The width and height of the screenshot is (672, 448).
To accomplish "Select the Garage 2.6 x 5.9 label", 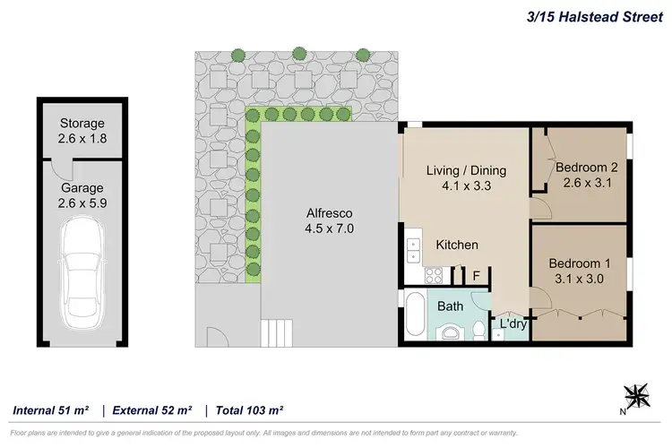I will [x=82, y=195].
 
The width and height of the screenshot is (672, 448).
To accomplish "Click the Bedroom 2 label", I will [x=587, y=175].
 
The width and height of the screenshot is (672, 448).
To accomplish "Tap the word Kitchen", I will [x=457, y=245].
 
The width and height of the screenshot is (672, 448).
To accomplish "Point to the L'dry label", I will [x=512, y=323].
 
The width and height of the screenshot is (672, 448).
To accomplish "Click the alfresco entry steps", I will [x=278, y=332].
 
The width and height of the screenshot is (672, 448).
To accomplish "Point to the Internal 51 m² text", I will [x=51, y=410].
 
